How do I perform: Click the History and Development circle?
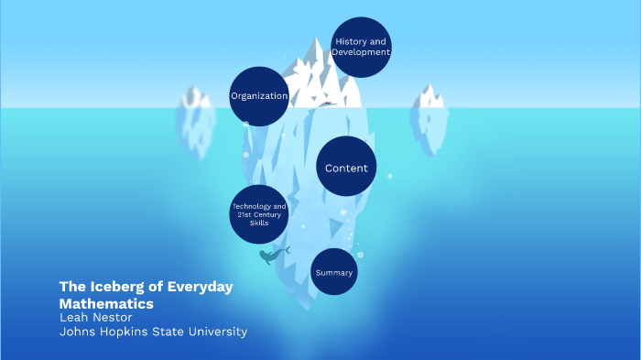[361, 47]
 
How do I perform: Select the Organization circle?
[259, 96]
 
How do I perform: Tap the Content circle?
[346, 168]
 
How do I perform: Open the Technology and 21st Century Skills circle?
[259, 214]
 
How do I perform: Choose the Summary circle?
[333, 272]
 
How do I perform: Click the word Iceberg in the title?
[117, 287]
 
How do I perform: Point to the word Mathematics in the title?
[106, 303]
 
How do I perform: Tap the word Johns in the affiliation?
[77, 332]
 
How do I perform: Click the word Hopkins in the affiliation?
[126, 332]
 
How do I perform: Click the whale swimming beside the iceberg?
[272, 256]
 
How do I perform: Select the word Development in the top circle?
[361, 52]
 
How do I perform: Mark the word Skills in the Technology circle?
[259, 223]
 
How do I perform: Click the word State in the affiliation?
[171, 332]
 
